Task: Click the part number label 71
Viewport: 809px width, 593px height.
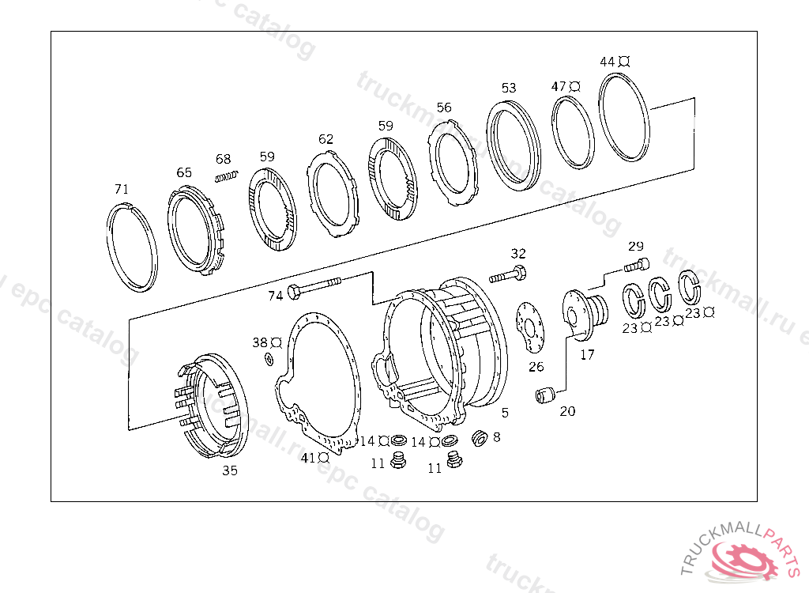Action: click(x=121, y=190)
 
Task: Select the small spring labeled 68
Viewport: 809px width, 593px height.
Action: click(x=227, y=176)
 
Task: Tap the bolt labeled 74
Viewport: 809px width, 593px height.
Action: click(x=315, y=287)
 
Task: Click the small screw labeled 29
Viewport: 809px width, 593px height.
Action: click(x=637, y=265)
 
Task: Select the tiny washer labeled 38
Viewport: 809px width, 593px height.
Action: click(x=268, y=361)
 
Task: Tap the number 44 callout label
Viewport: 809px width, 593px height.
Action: click(x=608, y=62)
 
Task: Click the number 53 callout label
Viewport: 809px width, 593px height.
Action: click(x=508, y=88)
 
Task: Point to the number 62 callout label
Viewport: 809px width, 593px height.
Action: click(x=326, y=139)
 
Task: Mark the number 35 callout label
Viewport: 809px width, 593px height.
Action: click(x=229, y=470)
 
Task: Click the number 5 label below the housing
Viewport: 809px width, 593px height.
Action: click(x=505, y=412)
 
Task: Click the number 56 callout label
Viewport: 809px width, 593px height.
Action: click(x=444, y=108)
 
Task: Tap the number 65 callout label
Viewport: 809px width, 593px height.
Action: click(x=184, y=172)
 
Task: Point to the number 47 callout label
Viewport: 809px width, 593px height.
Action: click(x=559, y=86)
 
